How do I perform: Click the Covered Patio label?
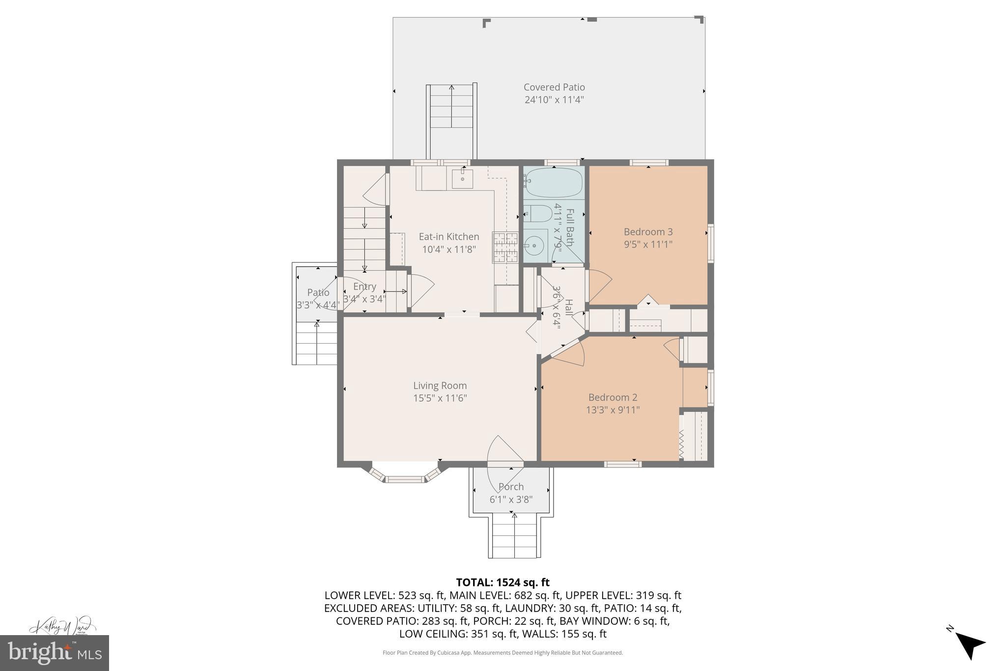pyautogui.click(x=554, y=88)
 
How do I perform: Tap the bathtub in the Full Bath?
pyautogui.click(x=554, y=182)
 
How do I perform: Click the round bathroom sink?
pyautogui.click(x=533, y=245)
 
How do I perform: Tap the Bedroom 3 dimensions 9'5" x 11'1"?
pyautogui.click(x=648, y=244)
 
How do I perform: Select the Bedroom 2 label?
pyautogui.click(x=613, y=397)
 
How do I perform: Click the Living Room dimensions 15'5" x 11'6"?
pyautogui.click(x=440, y=398)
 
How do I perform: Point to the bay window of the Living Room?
pyautogui.click(x=404, y=475)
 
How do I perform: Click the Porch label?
pyautogui.click(x=511, y=487)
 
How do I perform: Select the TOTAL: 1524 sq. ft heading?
pyautogui.click(x=503, y=583)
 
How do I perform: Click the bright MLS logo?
pyautogui.click(x=54, y=652)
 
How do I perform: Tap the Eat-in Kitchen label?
pyautogui.click(x=448, y=236)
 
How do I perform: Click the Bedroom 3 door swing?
pyautogui.click(x=599, y=286)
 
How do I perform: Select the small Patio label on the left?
pyautogui.click(x=318, y=292)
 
